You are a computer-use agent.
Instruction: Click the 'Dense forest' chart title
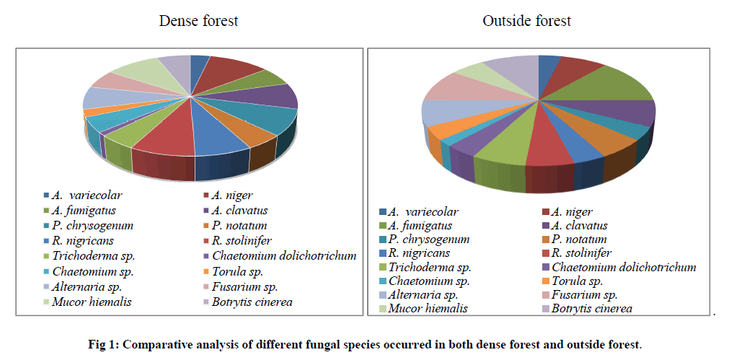point(198,21)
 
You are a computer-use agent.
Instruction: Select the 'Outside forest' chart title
point(526,21)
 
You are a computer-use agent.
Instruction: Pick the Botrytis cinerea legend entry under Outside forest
point(591,308)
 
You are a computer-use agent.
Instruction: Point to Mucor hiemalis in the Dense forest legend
point(81,301)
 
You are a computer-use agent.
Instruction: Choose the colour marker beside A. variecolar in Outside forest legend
point(383,212)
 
